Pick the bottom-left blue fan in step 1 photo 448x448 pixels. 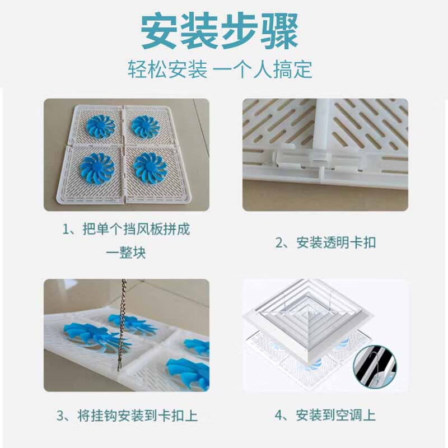[x=97, y=167]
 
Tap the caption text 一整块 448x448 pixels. [x=126, y=253]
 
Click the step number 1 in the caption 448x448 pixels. [x=65, y=229]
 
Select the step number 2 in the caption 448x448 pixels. [x=278, y=243]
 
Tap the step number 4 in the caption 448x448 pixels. [x=278, y=416]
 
